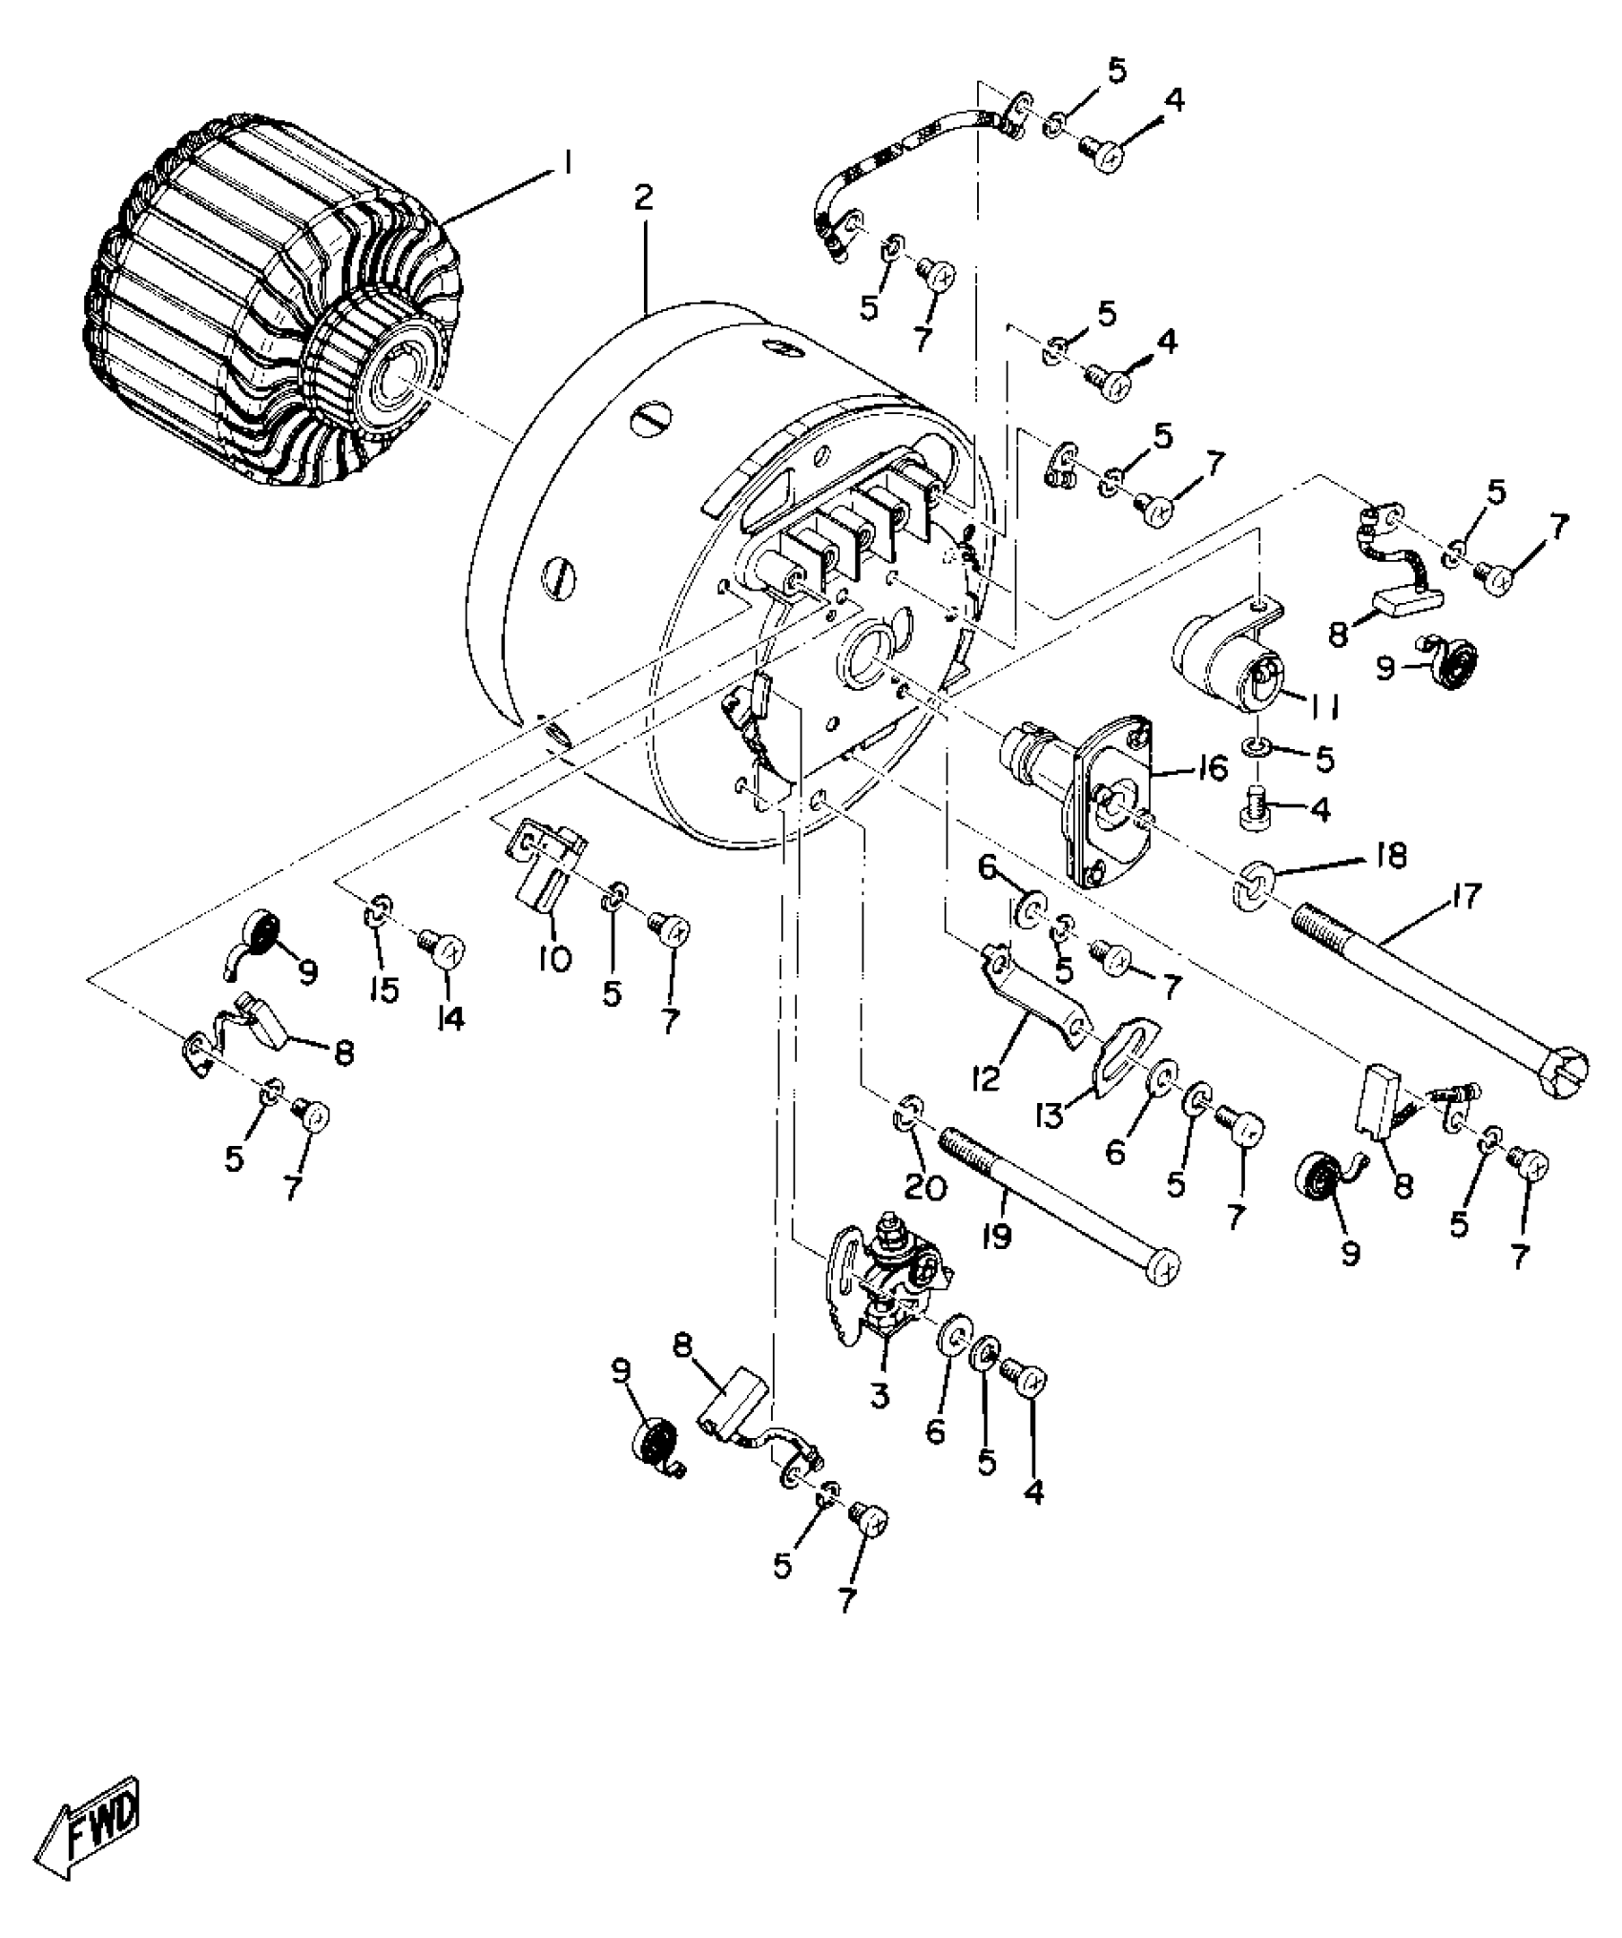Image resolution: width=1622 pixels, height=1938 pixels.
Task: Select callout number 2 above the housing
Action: (644, 198)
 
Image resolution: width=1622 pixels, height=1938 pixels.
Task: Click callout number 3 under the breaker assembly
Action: (879, 1395)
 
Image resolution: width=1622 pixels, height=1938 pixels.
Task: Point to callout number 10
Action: (553, 958)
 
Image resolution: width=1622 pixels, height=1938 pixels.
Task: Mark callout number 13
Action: (1050, 1115)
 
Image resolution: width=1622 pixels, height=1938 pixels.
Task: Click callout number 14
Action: (450, 1019)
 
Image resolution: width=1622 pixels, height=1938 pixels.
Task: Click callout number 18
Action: (1389, 856)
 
